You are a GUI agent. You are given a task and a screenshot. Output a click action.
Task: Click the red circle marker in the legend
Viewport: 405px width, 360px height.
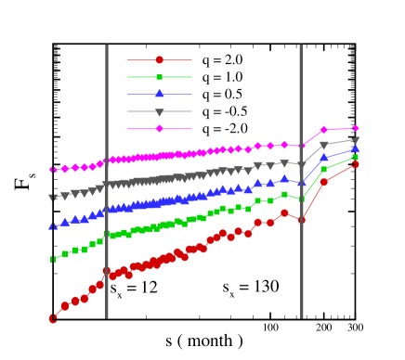click(x=160, y=59)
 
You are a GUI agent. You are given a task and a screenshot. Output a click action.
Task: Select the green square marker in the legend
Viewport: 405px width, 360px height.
click(x=160, y=77)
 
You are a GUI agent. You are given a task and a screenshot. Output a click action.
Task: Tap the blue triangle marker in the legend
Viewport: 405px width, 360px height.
click(x=160, y=94)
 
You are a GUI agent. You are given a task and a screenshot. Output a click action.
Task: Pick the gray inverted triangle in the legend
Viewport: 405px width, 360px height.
click(x=160, y=112)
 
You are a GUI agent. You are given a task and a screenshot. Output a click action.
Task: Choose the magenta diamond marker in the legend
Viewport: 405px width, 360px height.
click(x=160, y=129)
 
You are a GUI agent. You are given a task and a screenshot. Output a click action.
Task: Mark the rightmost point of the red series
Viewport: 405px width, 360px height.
click(x=355, y=164)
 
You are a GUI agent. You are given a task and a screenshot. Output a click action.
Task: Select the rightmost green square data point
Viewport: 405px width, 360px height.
click(x=355, y=157)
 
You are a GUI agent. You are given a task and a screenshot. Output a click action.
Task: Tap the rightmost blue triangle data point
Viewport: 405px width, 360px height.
click(x=355, y=148)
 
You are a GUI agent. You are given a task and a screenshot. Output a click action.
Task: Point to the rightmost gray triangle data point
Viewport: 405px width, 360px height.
click(x=355, y=140)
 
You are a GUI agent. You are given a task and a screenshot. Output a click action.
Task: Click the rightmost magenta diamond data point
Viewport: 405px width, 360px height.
click(x=355, y=129)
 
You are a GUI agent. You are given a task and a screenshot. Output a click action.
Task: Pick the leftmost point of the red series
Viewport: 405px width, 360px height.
click(x=53, y=318)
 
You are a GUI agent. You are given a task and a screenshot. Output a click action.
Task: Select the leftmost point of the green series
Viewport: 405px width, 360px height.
click(x=53, y=259)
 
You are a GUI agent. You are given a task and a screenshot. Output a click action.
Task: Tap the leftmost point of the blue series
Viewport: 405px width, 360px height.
click(x=53, y=225)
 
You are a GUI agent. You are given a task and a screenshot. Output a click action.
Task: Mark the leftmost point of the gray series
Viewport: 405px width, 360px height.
click(x=53, y=198)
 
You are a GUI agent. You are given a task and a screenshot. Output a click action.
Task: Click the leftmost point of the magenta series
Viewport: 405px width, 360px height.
click(x=53, y=170)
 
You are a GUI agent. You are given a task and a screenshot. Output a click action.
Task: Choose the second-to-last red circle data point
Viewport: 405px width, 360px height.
click(x=324, y=182)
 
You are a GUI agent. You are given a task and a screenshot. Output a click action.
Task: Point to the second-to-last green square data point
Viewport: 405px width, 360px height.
click(x=324, y=169)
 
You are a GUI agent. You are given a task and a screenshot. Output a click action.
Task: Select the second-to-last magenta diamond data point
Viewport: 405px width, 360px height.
click(x=324, y=130)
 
